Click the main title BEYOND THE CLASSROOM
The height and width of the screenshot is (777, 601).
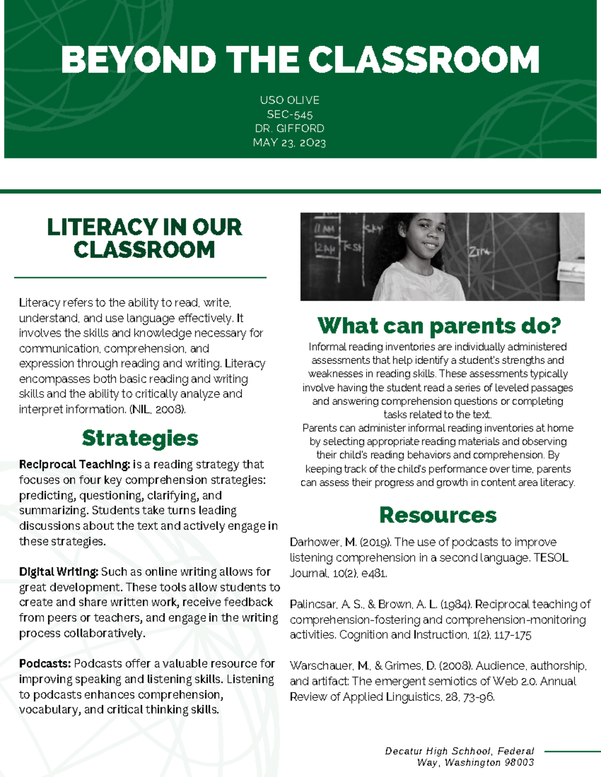point(300,60)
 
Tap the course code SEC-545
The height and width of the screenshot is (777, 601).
point(289,115)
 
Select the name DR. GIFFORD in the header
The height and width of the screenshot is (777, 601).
point(289,129)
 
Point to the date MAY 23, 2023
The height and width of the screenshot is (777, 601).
point(289,143)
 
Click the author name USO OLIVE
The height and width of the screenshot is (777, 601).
point(289,100)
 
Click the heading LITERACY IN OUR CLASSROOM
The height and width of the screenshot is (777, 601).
point(144,238)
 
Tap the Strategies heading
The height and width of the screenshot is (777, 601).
point(140,438)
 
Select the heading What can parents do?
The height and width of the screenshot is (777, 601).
point(439,326)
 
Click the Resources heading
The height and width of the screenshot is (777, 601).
point(438,515)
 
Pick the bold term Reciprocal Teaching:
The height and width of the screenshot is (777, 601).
point(75,465)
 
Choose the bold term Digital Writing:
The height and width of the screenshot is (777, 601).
point(59,572)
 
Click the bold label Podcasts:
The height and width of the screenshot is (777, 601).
point(45,664)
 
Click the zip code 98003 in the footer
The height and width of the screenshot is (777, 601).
point(519,762)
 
